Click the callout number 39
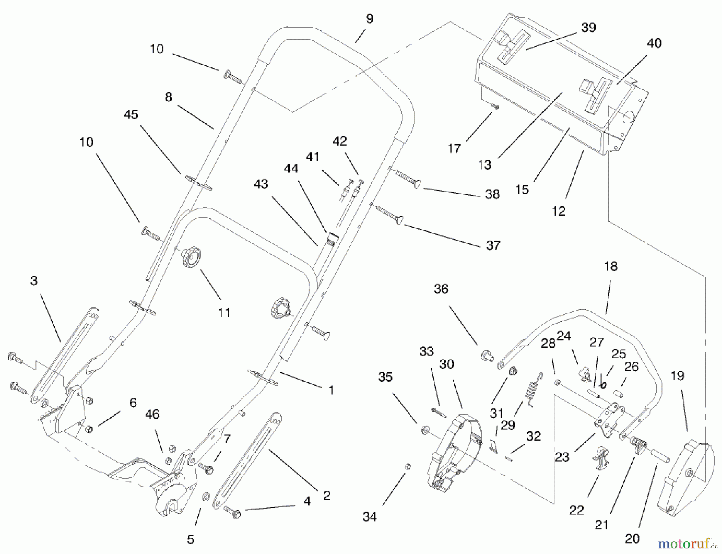[x=588, y=28]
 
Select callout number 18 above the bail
[x=610, y=266]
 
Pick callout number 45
[x=131, y=115]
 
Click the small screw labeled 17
[x=496, y=107]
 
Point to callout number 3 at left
[x=34, y=281]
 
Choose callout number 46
[x=152, y=414]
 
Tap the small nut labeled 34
[x=408, y=466]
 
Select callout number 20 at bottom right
[x=632, y=538]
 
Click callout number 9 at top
[x=369, y=19]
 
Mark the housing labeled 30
[x=453, y=449]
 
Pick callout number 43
[x=261, y=184]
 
